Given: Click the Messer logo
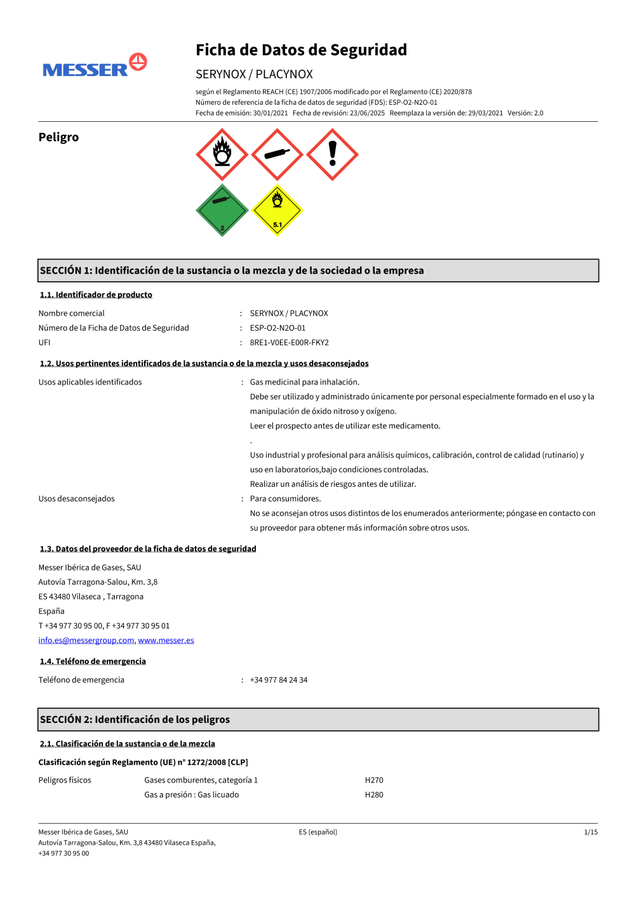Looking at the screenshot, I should (95, 66).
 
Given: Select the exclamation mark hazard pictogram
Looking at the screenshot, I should (332, 155).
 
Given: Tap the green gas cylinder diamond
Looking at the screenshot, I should (222, 210).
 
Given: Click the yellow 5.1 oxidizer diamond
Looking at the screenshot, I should (277, 210).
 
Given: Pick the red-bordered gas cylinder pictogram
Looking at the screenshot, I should (277, 155).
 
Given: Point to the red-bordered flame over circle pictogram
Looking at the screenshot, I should (222, 155).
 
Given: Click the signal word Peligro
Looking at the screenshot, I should (58, 137).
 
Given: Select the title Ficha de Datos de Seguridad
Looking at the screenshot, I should (301, 50).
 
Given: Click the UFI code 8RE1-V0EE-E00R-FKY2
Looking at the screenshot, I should (289, 343).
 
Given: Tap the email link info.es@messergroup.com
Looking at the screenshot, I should (86, 640).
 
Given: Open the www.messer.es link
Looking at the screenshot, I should (166, 640).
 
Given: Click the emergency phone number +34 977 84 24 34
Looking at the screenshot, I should (278, 680).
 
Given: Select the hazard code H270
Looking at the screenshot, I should (374, 780).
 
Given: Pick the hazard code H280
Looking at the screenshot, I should (374, 795).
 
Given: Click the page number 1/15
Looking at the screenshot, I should (591, 832).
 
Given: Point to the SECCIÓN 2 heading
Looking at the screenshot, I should (135, 720).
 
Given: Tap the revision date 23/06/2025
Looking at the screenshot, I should (367, 113).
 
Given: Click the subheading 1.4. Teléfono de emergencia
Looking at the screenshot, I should (93, 661).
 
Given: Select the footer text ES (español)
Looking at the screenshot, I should (317, 832).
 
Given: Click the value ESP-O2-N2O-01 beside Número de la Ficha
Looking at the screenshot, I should (277, 328).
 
